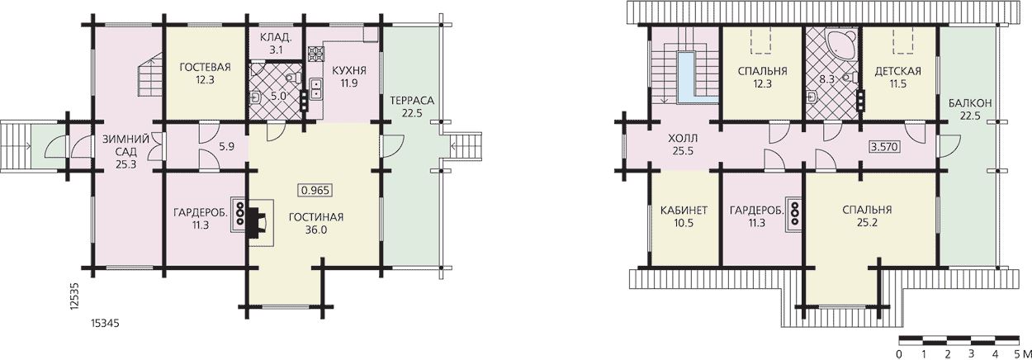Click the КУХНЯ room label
348,70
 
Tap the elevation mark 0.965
315,190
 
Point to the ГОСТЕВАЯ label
205,68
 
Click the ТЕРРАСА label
411,100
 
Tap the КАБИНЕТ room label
684,211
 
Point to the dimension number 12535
75,298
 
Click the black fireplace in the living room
256,224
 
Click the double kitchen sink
316,89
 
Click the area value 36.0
316,230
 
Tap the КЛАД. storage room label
276,37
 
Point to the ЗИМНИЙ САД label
125,145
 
